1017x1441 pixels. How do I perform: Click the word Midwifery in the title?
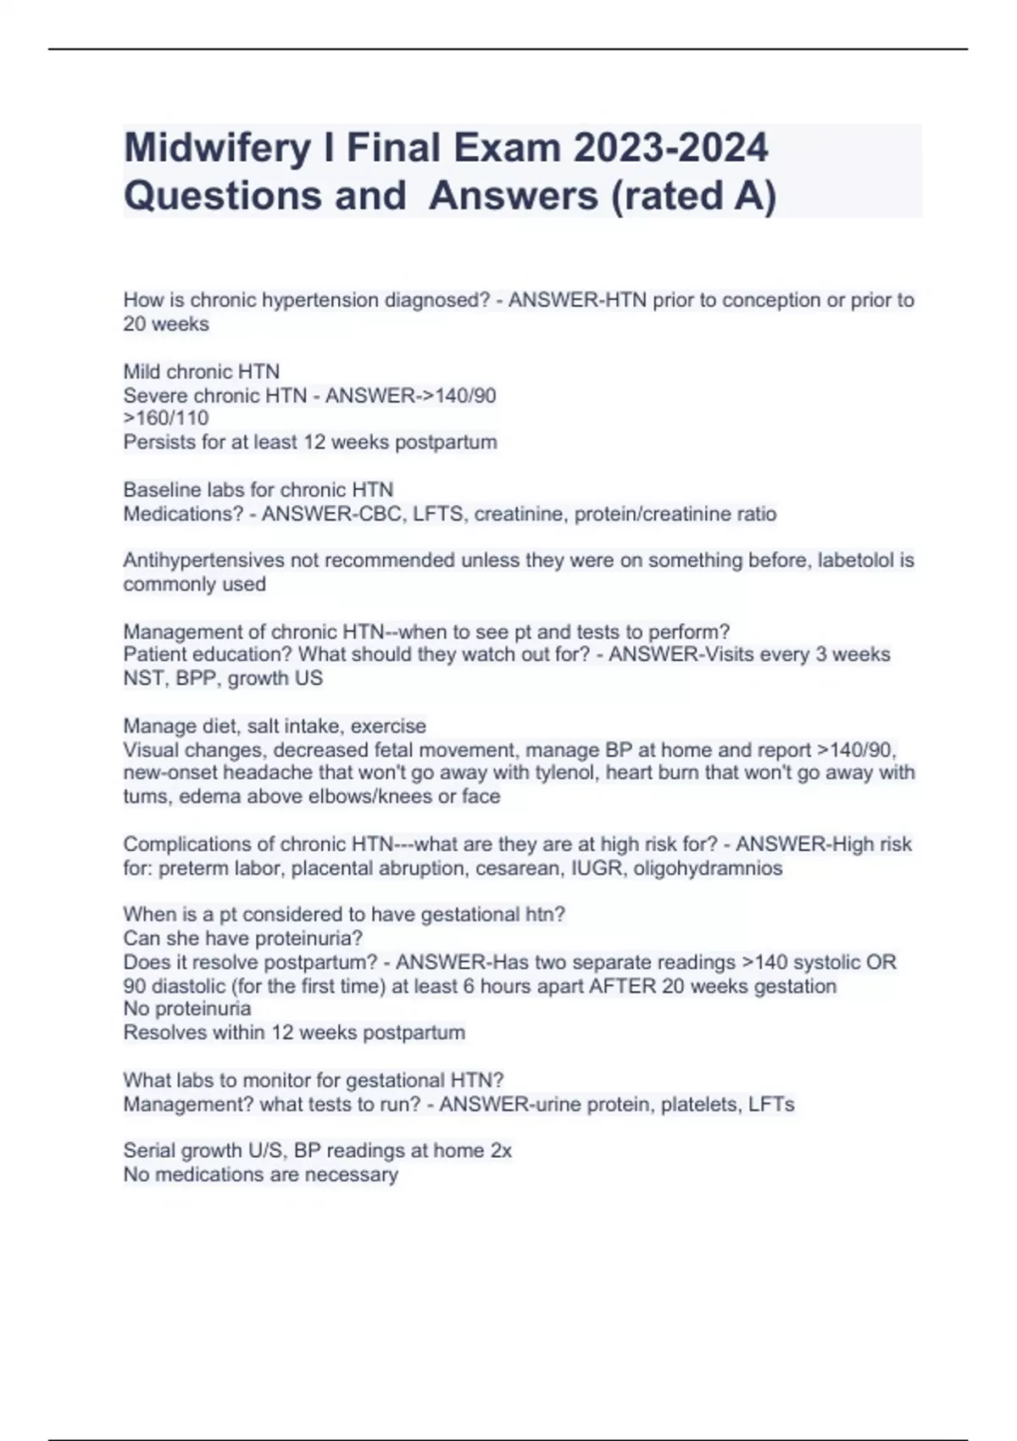216,148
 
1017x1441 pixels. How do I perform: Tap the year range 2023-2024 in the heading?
670,147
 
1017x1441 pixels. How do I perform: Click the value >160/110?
166,418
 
